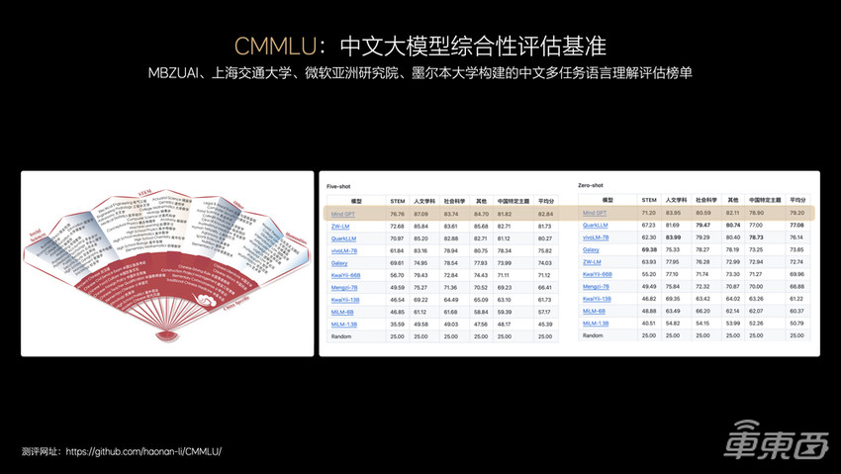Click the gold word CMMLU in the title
[x=279, y=46]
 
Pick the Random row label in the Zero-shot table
[x=593, y=334]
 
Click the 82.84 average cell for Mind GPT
[x=545, y=213]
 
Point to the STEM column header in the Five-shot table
[x=398, y=201]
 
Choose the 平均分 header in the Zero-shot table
[x=797, y=200]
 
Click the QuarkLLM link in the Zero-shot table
[x=595, y=226]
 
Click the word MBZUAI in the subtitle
[x=174, y=73]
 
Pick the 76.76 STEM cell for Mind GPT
[x=398, y=213]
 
